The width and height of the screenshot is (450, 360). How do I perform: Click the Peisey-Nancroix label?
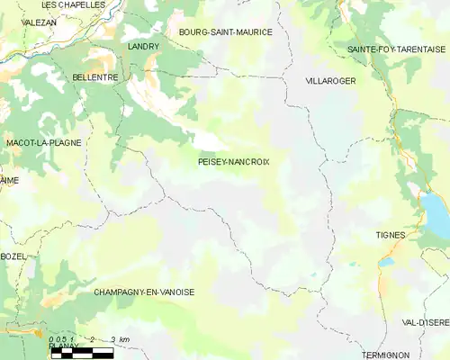tap(233, 162)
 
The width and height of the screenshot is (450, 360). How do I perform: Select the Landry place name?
tap(143, 46)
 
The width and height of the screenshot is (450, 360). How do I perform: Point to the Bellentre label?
tap(94, 78)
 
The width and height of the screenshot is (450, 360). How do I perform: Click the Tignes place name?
tap(391, 235)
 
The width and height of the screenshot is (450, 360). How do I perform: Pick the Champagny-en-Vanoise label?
tap(144, 292)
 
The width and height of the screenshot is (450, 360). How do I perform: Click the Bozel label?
tap(13, 256)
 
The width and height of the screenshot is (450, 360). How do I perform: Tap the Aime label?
tap(9, 180)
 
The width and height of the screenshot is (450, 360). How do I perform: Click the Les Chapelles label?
tap(74, 4)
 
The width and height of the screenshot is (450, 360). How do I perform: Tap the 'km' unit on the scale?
tap(124, 339)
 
